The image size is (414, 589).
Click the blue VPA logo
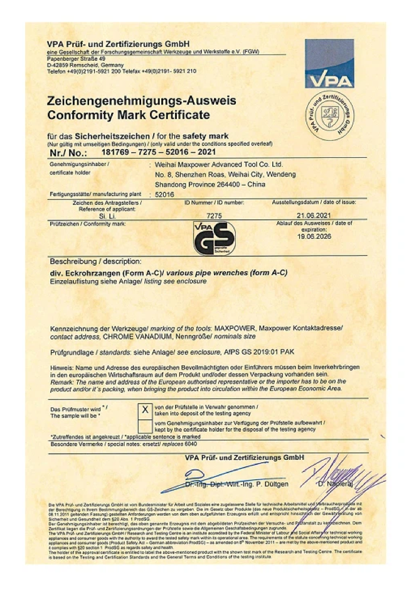[x=329, y=63]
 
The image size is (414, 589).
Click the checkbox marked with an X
[x=144, y=410]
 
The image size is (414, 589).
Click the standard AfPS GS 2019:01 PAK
[x=257, y=352]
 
